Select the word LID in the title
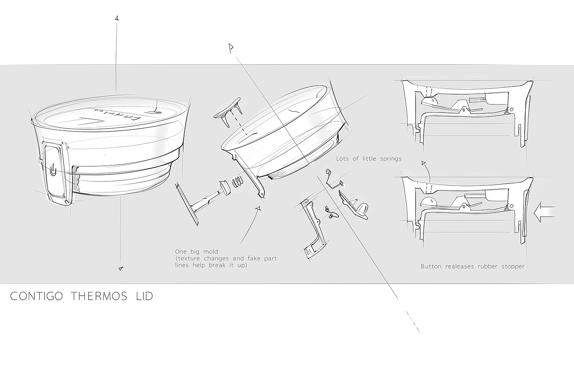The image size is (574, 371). click(x=143, y=296)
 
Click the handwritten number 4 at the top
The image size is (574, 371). click(x=117, y=18)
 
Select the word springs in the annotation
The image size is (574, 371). click(x=388, y=159)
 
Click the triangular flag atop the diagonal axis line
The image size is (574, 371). click(x=231, y=48)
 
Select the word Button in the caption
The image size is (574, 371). click(x=431, y=267)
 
